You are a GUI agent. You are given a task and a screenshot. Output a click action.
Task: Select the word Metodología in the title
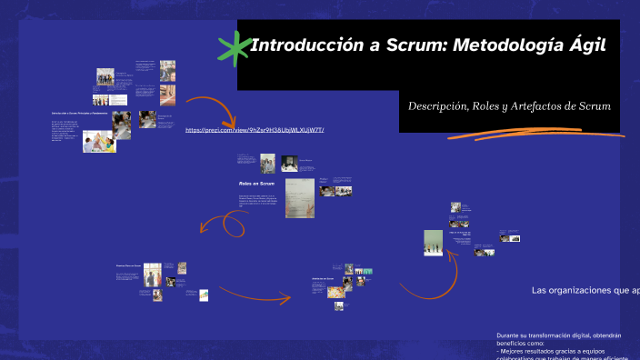(505, 45)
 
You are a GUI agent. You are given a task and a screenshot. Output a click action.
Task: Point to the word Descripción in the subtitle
(437, 106)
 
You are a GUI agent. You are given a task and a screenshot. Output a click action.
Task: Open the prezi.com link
(255, 130)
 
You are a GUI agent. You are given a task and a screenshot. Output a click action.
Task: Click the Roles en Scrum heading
(256, 184)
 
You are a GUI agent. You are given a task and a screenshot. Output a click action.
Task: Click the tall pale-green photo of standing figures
(434, 243)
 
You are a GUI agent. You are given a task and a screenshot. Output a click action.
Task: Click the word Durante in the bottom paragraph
(509, 335)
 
